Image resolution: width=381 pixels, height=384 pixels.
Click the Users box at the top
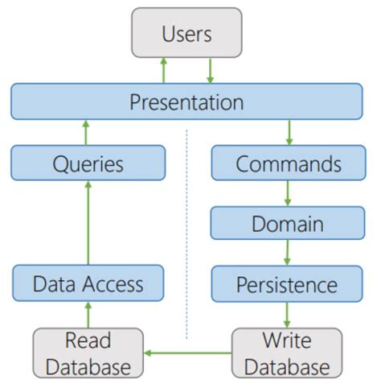186,35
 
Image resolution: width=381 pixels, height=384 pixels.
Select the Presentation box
186,103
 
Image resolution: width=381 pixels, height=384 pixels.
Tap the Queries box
88,164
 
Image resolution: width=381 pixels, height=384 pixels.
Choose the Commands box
288,164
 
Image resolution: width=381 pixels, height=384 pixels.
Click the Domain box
288,223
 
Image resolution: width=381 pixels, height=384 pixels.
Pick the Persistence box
288,283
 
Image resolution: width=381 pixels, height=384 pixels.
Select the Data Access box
88,283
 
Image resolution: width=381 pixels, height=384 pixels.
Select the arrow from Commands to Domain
288,193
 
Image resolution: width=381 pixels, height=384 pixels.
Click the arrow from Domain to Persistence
288,253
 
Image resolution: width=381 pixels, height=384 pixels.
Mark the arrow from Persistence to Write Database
288,314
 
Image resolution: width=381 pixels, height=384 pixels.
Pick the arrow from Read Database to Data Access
88,314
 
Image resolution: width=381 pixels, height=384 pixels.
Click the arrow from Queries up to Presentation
88,132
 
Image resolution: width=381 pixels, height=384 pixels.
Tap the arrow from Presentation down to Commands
288,132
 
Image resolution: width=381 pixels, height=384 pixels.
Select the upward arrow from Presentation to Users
163,70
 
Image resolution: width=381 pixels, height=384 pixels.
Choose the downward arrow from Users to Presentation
210,70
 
